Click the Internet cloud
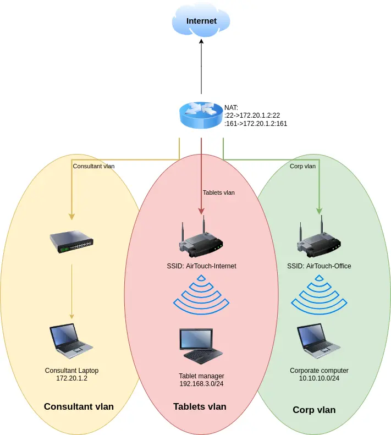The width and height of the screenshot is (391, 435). [201, 21]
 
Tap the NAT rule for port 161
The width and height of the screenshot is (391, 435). [256, 124]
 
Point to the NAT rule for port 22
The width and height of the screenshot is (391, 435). [252, 115]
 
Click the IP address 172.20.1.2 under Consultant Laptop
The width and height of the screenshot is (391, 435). [72, 379]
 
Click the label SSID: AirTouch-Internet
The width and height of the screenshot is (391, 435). [201, 266]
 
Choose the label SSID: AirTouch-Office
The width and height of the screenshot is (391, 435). [319, 266]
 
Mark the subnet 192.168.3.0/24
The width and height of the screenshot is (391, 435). [201, 383]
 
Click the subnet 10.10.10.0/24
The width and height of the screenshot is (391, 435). [319, 379]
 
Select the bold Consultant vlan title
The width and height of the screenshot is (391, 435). [79, 407]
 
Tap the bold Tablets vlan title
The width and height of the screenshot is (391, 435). [200, 407]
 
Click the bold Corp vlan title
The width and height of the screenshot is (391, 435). [314, 410]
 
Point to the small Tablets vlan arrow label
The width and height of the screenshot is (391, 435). [218, 192]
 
